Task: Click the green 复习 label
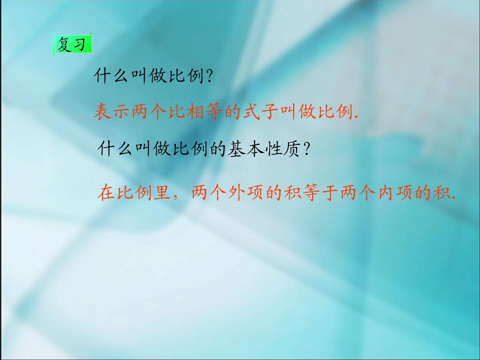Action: [73, 45]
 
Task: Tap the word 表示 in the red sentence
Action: [111, 111]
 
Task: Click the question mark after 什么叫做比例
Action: [209, 77]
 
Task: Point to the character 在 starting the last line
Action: [108, 193]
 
